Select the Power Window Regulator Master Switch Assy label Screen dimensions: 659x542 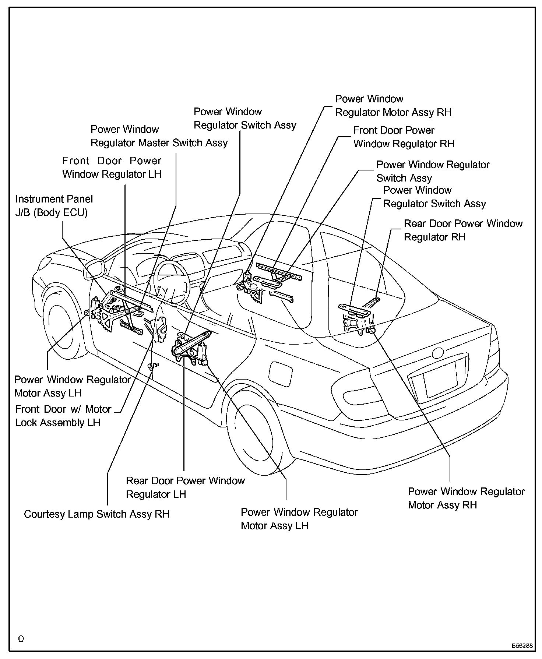pyautogui.click(x=159, y=136)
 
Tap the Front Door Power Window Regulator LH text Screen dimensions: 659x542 pyautogui.click(x=112, y=168)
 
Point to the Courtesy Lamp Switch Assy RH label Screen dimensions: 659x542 pyautogui.click(x=96, y=514)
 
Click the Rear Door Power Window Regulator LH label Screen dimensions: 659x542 pyautogui.click(x=185, y=487)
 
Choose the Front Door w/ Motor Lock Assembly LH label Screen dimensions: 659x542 pyautogui.click(x=63, y=416)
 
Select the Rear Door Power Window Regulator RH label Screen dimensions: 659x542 pyautogui.click(x=463, y=230)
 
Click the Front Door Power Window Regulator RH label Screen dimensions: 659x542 pyautogui.click(x=404, y=137)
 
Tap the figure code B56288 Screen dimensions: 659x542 pyautogui.click(x=521, y=646)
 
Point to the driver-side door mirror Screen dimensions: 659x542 pyautogui.click(x=94, y=269)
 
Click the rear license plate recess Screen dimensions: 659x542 pyautogui.click(x=440, y=379)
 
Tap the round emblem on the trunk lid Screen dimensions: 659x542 pyautogui.click(x=439, y=353)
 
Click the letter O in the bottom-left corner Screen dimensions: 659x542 pyautogui.click(x=21, y=639)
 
